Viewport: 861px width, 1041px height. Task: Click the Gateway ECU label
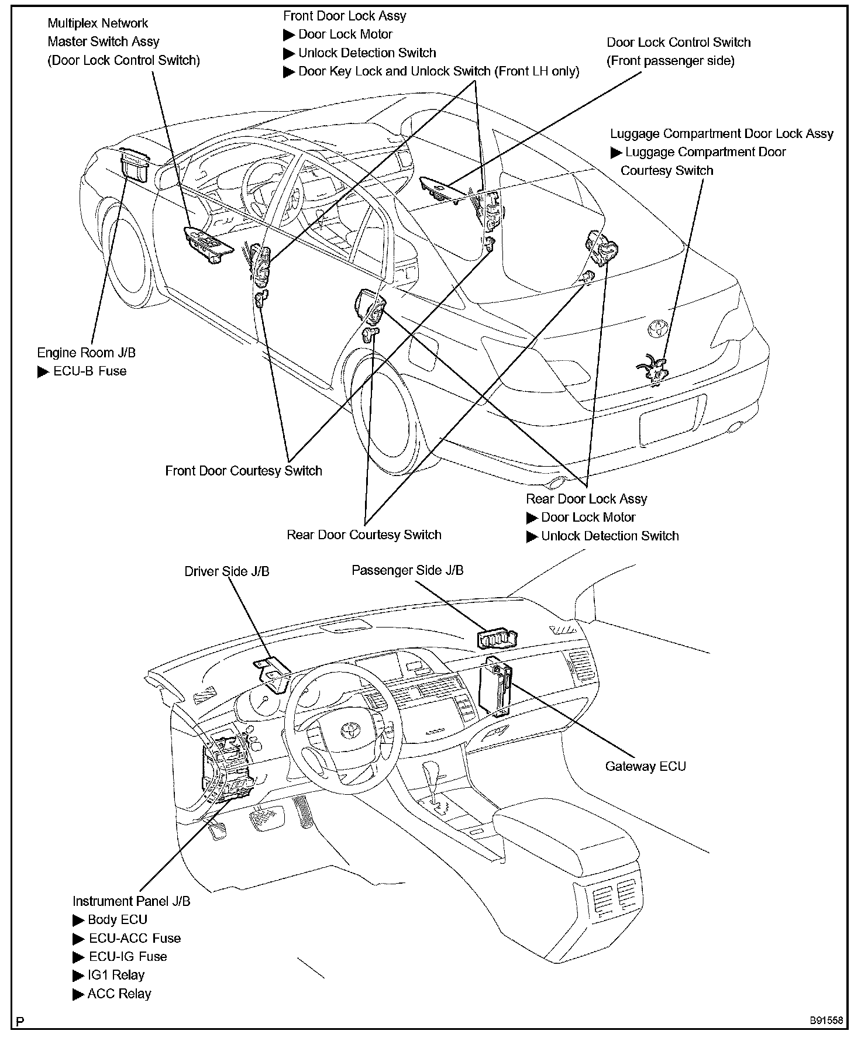click(x=645, y=766)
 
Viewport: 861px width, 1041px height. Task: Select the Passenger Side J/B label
click(x=407, y=570)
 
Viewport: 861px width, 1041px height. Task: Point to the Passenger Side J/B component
click(x=497, y=639)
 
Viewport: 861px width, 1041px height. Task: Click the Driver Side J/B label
click(x=227, y=571)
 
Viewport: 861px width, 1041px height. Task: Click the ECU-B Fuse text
click(x=89, y=371)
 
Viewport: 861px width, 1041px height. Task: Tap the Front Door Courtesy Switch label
click(x=243, y=471)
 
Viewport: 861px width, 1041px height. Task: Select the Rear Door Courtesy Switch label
click(x=364, y=535)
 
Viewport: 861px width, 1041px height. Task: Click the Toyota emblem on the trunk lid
click(x=658, y=329)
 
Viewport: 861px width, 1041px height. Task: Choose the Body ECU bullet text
click(x=117, y=919)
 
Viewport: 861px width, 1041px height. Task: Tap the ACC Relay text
click(x=119, y=994)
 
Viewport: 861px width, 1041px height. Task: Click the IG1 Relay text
click(x=116, y=975)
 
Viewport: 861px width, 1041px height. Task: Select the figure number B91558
click(x=826, y=1021)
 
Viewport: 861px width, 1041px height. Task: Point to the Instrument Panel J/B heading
click(x=132, y=901)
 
